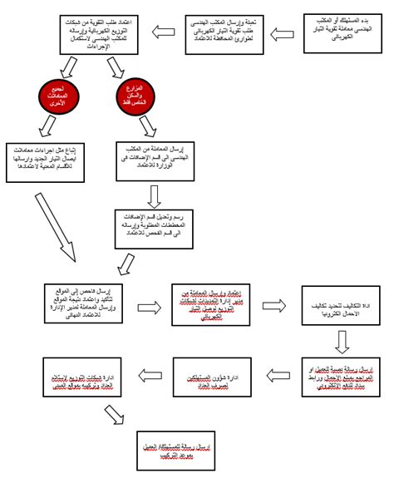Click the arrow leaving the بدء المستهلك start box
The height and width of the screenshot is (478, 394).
(x=283, y=34)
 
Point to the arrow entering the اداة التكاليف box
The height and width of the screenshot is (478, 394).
(x=275, y=305)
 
